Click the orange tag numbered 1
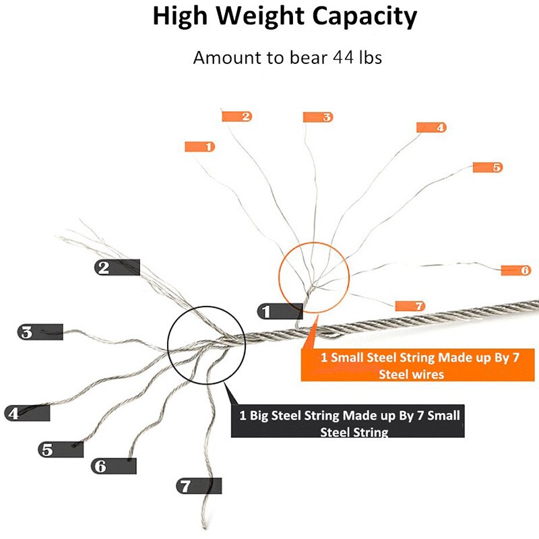(199, 147)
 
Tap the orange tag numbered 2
(237, 117)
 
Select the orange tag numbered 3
(318, 117)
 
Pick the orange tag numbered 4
(431, 127)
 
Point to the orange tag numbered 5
(488, 167)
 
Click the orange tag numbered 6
(516, 270)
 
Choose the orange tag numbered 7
(410, 306)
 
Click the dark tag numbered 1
(280, 311)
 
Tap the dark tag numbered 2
(117, 267)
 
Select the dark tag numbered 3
(40, 332)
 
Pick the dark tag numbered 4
(27, 413)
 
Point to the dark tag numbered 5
(61, 449)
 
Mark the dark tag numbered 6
(114, 466)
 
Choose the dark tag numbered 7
(199, 486)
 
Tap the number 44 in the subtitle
(343, 57)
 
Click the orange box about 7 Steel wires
(418, 365)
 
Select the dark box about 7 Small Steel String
(348, 421)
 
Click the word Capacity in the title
(364, 16)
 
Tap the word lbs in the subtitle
(371, 57)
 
